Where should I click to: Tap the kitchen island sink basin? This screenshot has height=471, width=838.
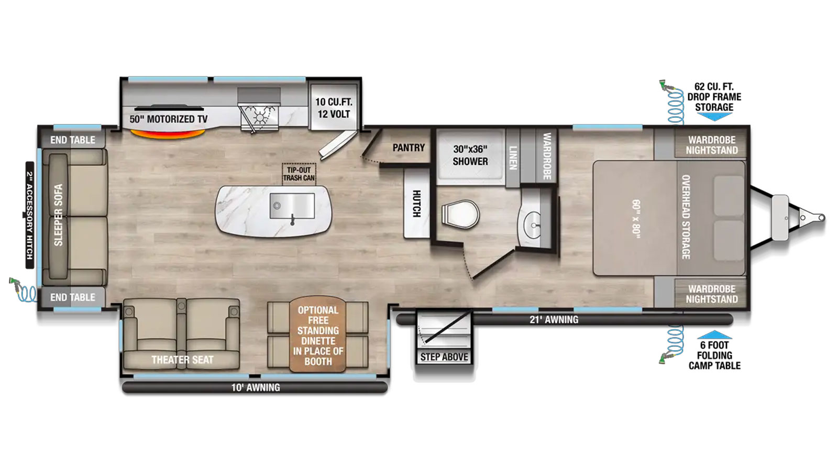(x=292, y=206)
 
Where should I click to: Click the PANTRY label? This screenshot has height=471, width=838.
(x=409, y=148)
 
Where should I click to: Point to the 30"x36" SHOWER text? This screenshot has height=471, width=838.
(x=470, y=155)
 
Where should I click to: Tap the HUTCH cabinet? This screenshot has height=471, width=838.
(x=416, y=203)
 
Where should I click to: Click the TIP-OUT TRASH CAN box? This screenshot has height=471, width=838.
(x=299, y=174)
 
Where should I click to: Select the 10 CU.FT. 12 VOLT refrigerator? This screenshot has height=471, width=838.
(x=334, y=107)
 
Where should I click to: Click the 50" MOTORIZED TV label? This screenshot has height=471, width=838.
(x=168, y=119)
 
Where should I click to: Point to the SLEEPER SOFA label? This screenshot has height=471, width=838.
(x=58, y=215)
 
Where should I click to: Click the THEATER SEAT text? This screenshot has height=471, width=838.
(x=182, y=360)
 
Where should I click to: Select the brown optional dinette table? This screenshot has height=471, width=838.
(x=317, y=334)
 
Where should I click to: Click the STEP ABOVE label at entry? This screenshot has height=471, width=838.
(x=444, y=357)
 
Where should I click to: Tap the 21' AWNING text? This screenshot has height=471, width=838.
(x=554, y=320)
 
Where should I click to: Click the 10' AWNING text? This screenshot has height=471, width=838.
(x=256, y=388)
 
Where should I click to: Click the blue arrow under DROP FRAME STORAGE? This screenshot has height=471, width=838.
(x=714, y=117)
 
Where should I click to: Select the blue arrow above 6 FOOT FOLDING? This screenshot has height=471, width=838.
(x=714, y=334)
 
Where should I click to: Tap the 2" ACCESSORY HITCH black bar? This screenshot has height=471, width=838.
(x=29, y=215)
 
